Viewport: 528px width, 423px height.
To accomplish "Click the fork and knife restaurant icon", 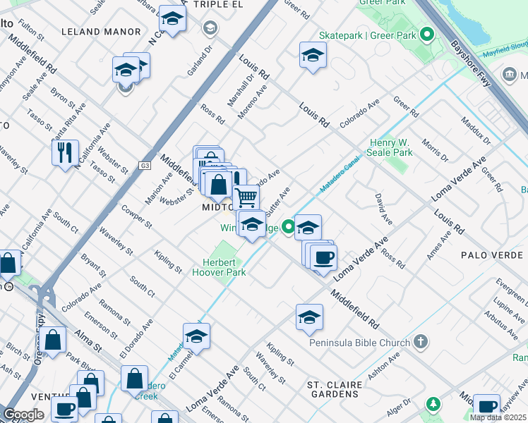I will tap(65, 152).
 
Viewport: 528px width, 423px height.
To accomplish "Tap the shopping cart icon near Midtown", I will tap(246, 196).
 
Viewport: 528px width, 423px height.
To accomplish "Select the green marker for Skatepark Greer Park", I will tap(426, 33).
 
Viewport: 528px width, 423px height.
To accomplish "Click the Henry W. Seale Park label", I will tap(390, 147).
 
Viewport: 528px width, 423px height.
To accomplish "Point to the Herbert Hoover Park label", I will tap(219, 267).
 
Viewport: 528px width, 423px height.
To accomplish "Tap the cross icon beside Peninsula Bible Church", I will tap(420, 343).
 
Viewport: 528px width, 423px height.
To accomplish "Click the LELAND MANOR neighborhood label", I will tap(101, 32).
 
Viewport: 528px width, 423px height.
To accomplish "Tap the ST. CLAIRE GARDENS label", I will tap(334, 389).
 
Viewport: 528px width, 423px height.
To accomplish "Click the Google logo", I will tap(23, 415).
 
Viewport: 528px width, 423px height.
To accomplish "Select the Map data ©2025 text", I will tap(498, 417).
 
